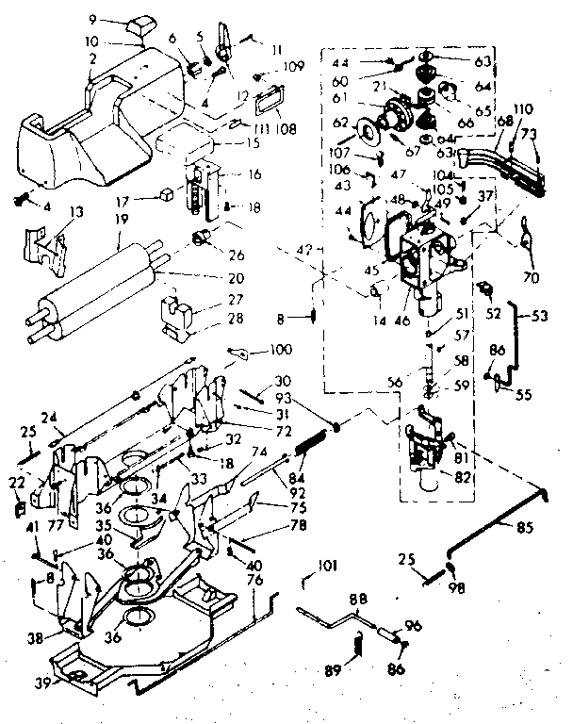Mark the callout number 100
click(x=281, y=350)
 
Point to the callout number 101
click(x=328, y=568)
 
